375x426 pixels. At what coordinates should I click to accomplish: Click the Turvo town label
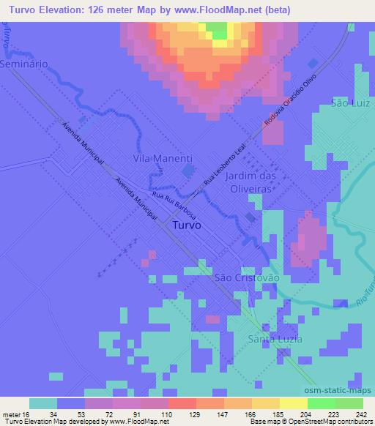click(x=190, y=226)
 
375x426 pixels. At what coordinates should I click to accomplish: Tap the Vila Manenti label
click(x=163, y=158)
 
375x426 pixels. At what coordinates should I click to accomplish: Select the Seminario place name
click(x=24, y=64)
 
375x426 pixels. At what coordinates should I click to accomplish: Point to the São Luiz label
click(x=349, y=102)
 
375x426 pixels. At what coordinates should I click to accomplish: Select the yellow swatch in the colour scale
click(x=293, y=403)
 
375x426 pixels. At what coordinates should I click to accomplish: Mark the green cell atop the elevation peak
click(x=218, y=30)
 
